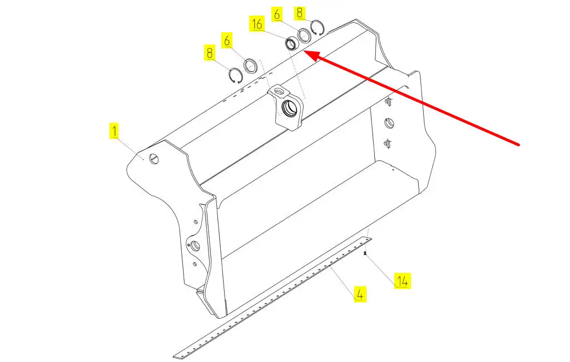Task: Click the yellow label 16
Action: click(257, 24)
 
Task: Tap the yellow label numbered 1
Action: click(115, 131)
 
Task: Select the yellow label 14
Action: click(403, 281)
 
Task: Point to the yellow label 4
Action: click(360, 294)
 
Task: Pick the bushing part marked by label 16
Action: click(291, 43)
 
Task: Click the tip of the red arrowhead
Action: click(304, 51)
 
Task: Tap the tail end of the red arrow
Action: click(519, 145)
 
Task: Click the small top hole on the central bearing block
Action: click(279, 90)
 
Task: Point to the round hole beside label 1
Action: click(155, 159)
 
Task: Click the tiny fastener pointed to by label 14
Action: click(365, 253)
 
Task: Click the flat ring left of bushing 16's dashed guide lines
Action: click(251, 66)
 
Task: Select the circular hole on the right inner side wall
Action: click(389, 123)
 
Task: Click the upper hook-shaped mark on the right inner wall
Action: click(389, 102)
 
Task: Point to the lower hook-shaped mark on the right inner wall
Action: click(388, 143)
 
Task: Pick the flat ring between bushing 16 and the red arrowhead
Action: click(304, 36)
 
